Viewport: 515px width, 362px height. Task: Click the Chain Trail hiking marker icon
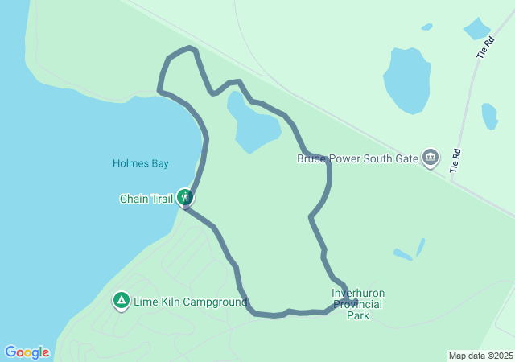click(x=186, y=196)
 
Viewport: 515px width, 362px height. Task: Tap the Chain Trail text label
click(x=146, y=199)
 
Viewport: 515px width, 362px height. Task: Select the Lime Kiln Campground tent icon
click(x=121, y=301)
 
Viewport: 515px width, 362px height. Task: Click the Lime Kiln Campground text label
click(x=190, y=302)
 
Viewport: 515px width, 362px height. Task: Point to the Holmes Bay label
click(x=140, y=163)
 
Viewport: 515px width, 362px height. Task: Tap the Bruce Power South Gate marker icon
click(x=431, y=158)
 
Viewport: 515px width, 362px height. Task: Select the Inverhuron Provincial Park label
click(x=357, y=304)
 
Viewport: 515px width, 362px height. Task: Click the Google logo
click(x=27, y=352)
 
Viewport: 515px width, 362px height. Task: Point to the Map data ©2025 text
click(x=480, y=356)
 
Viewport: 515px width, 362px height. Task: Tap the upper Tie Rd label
click(x=483, y=49)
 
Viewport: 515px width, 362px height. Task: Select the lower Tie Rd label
click(x=456, y=161)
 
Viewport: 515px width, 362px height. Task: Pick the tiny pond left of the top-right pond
click(x=426, y=27)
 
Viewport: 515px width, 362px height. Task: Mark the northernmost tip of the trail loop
click(x=191, y=48)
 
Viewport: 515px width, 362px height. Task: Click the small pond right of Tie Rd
click(x=489, y=116)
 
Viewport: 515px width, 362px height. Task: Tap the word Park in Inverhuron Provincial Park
click(x=358, y=315)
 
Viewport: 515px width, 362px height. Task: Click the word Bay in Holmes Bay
click(x=159, y=163)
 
